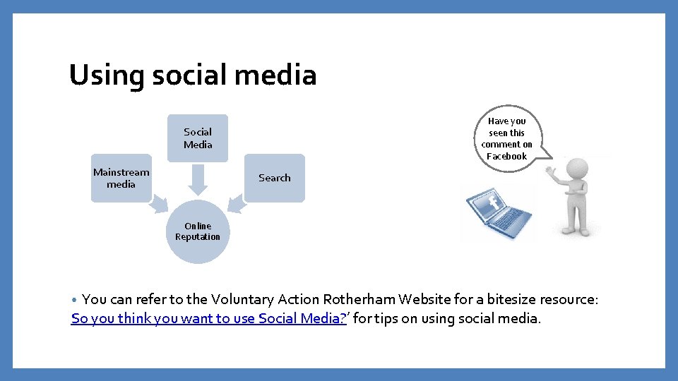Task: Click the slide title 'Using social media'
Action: [193, 75]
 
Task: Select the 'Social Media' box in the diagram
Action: [198, 138]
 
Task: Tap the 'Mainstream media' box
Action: [121, 178]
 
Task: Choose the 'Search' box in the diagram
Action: [274, 178]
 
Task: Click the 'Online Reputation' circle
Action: [198, 232]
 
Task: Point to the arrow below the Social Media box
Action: [198, 179]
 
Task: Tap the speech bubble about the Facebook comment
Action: [507, 138]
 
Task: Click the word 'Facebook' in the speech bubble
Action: [507, 156]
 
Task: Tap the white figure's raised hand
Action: [552, 170]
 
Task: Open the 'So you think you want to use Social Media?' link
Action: [208, 318]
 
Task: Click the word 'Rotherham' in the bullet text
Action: [375, 299]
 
